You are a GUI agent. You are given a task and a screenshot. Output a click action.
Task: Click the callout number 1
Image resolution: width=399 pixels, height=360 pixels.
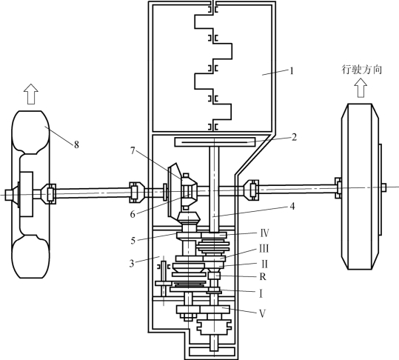click(x=292, y=71)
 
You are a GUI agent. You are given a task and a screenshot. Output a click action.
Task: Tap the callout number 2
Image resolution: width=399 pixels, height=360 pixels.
click(x=294, y=137)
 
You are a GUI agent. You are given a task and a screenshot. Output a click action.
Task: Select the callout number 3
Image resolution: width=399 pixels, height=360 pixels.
click(x=132, y=264)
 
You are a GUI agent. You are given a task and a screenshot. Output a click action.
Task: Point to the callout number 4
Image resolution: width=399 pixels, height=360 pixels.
click(x=292, y=207)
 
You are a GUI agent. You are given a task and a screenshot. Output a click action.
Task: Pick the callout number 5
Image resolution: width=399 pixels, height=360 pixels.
click(x=133, y=241)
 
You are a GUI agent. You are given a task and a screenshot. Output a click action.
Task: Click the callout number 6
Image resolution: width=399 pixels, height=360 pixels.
click(x=133, y=214)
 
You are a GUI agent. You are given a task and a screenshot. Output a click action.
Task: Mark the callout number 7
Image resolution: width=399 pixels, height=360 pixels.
click(x=133, y=150)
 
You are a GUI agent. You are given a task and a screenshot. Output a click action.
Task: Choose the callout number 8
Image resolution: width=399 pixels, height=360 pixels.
click(x=76, y=145)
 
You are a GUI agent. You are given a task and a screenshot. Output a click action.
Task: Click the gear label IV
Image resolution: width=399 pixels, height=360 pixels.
click(x=265, y=233)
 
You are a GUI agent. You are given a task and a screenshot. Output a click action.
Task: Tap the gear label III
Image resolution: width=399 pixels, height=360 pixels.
click(x=264, y=248)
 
